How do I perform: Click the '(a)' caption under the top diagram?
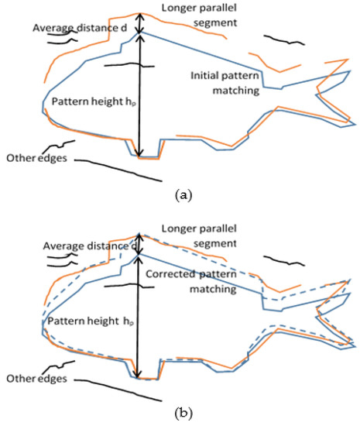pos(183,195)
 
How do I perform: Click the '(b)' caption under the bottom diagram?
pos(183,414)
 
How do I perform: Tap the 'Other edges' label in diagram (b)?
pos(33,379)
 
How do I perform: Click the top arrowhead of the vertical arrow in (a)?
pos(139,15)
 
